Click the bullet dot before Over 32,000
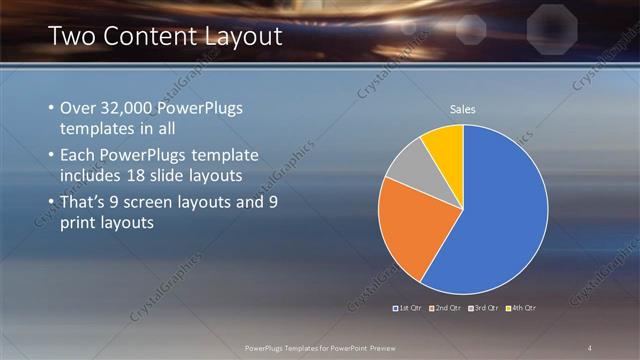(x=51, y=107)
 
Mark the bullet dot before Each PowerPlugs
(x=51, y=155)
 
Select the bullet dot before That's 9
(x=51, y=202)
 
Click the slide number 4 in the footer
(x=590, y=347)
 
